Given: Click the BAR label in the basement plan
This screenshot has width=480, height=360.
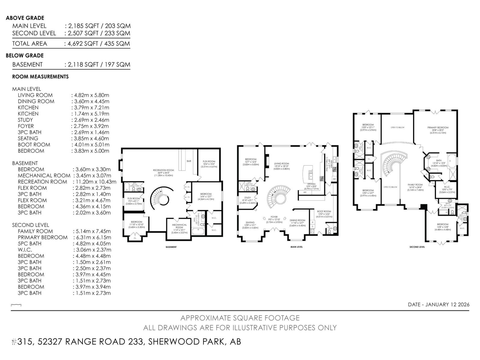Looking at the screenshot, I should (189, 161).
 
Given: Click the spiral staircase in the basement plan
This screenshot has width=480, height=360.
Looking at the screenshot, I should (162, 199).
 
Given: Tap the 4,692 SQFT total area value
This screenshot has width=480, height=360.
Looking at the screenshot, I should (81, 44).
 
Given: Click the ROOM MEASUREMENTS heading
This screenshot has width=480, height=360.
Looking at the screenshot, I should (40, 77).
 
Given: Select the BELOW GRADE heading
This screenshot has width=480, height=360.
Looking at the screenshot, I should (25, 55).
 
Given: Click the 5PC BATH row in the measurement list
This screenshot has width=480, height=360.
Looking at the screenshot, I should (29, 244).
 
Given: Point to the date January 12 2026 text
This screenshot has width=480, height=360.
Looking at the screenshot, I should (439, 304).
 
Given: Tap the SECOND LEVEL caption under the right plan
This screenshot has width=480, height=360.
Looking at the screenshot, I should (417, 247).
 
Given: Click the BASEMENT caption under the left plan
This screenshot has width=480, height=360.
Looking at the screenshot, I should (171, 247).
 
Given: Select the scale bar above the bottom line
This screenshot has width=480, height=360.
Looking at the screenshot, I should (16, 305).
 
